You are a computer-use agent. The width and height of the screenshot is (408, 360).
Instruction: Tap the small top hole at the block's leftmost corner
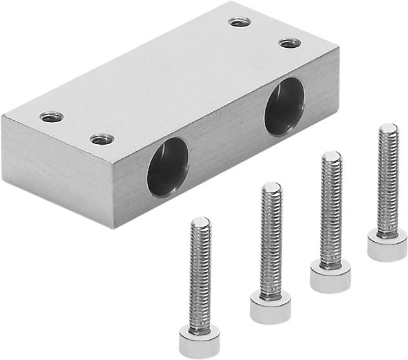(x=51, y=117)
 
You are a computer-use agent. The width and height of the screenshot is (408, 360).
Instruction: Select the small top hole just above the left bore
(x=102, y=139)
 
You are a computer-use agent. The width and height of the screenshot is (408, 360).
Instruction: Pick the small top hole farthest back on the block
(x=239, y=23)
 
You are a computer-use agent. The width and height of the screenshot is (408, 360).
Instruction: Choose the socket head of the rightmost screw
(x=387, y=246)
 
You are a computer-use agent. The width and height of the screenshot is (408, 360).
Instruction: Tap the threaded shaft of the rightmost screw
(x=387, y=181)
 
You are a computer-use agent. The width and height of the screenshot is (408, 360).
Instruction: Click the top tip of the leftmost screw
(x=201, y=222)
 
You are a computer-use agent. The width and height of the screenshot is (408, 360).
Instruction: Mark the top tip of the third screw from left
(x=332, y=156)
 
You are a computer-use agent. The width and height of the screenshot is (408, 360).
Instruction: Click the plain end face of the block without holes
(x=58, y=170)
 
